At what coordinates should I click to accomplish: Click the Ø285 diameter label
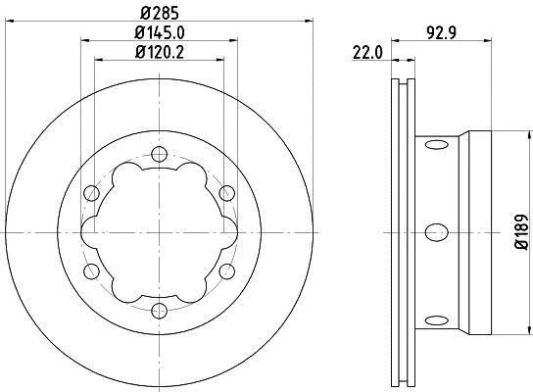pos(159,14)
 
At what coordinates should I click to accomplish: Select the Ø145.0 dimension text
pos(160,33)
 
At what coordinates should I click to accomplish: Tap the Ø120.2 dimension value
pos(160,52)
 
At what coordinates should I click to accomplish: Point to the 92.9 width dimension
pos(441,33)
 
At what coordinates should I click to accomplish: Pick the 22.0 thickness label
pos(367,53)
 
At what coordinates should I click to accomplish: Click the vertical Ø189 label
pos(521,232)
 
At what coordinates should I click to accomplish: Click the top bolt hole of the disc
pos(159,154)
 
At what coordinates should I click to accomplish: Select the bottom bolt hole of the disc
pos(159,311)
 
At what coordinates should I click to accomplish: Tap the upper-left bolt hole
pos(91,193)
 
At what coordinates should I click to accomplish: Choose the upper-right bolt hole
pos(226,193)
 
